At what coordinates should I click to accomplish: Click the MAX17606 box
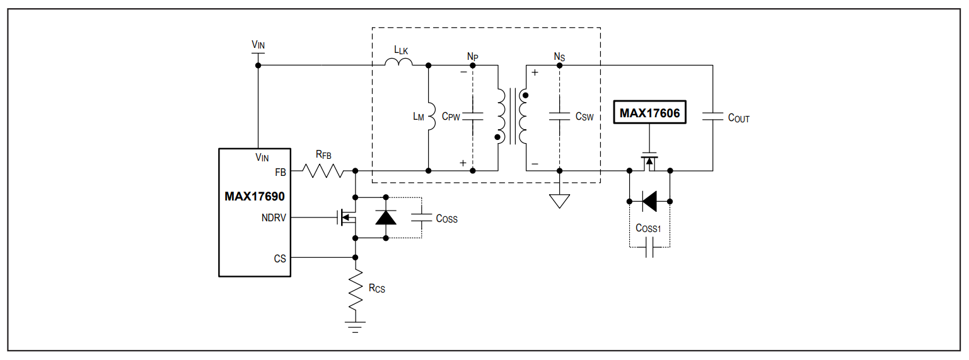click(x=649, y=112)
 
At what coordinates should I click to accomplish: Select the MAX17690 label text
click(x=254, y=197)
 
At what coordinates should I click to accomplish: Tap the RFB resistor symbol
click(x=323, y=171)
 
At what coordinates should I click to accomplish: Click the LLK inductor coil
click(x=398, y=62)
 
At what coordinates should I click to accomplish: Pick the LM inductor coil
click(x=432, y=117)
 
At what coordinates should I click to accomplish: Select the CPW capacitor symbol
click(x=472, y=117)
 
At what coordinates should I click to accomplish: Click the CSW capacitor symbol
click(x=559, y=117)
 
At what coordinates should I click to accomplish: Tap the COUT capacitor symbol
click(x=712, y=117)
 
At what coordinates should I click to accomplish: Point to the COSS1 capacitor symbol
click(x=649, y=248)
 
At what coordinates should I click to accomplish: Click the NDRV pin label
click(x=274, y=218)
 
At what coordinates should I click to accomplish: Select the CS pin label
click(x=280, y=258)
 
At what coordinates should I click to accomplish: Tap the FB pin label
click(x=281, y=173)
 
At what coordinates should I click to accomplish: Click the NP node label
click(x=472, y=57)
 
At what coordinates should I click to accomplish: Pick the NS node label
click(x=559, y=57)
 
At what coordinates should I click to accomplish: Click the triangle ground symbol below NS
click(x=559, y=201)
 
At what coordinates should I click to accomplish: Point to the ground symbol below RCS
click(x=355, y=327)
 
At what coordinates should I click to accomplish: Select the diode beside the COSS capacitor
click(x=386, y=218)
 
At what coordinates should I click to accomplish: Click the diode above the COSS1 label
click(x=649, y=201)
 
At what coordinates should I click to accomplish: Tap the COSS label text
click(x=446, y=219)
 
